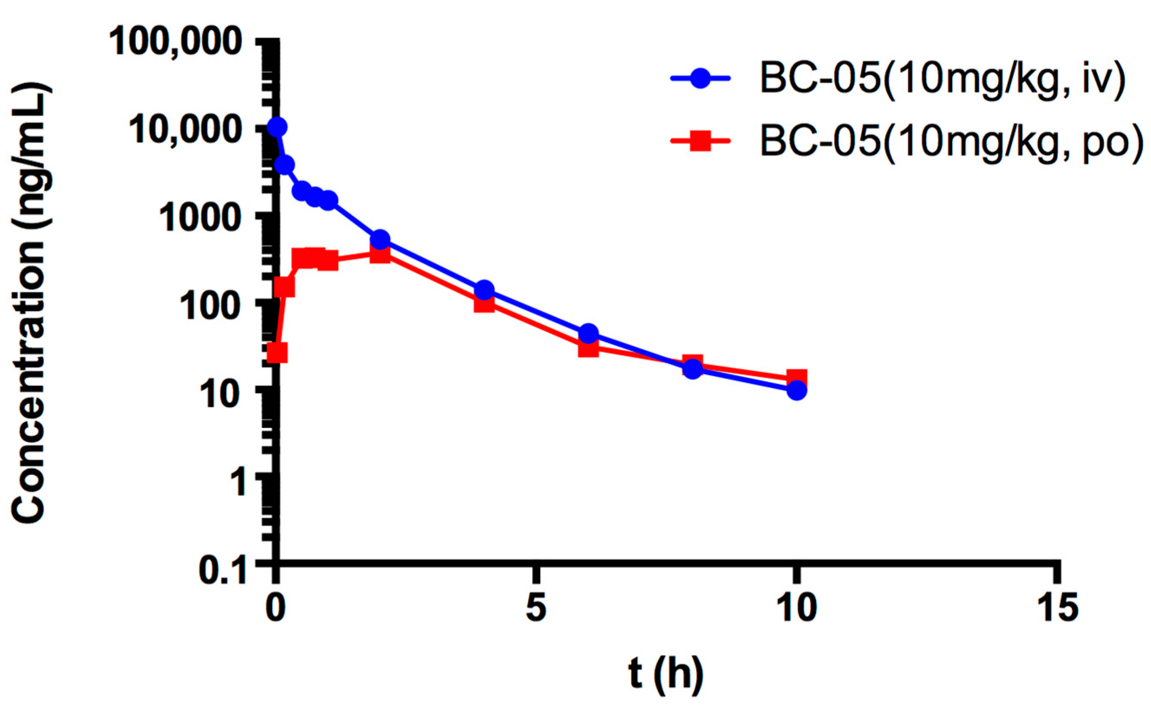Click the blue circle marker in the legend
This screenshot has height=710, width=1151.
700,78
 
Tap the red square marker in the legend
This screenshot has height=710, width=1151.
700,140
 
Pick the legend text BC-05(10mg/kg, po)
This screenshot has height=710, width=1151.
951,141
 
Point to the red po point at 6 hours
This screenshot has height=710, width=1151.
588,348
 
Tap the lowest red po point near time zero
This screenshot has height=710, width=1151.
277,353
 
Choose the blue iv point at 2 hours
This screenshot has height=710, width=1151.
380,239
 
